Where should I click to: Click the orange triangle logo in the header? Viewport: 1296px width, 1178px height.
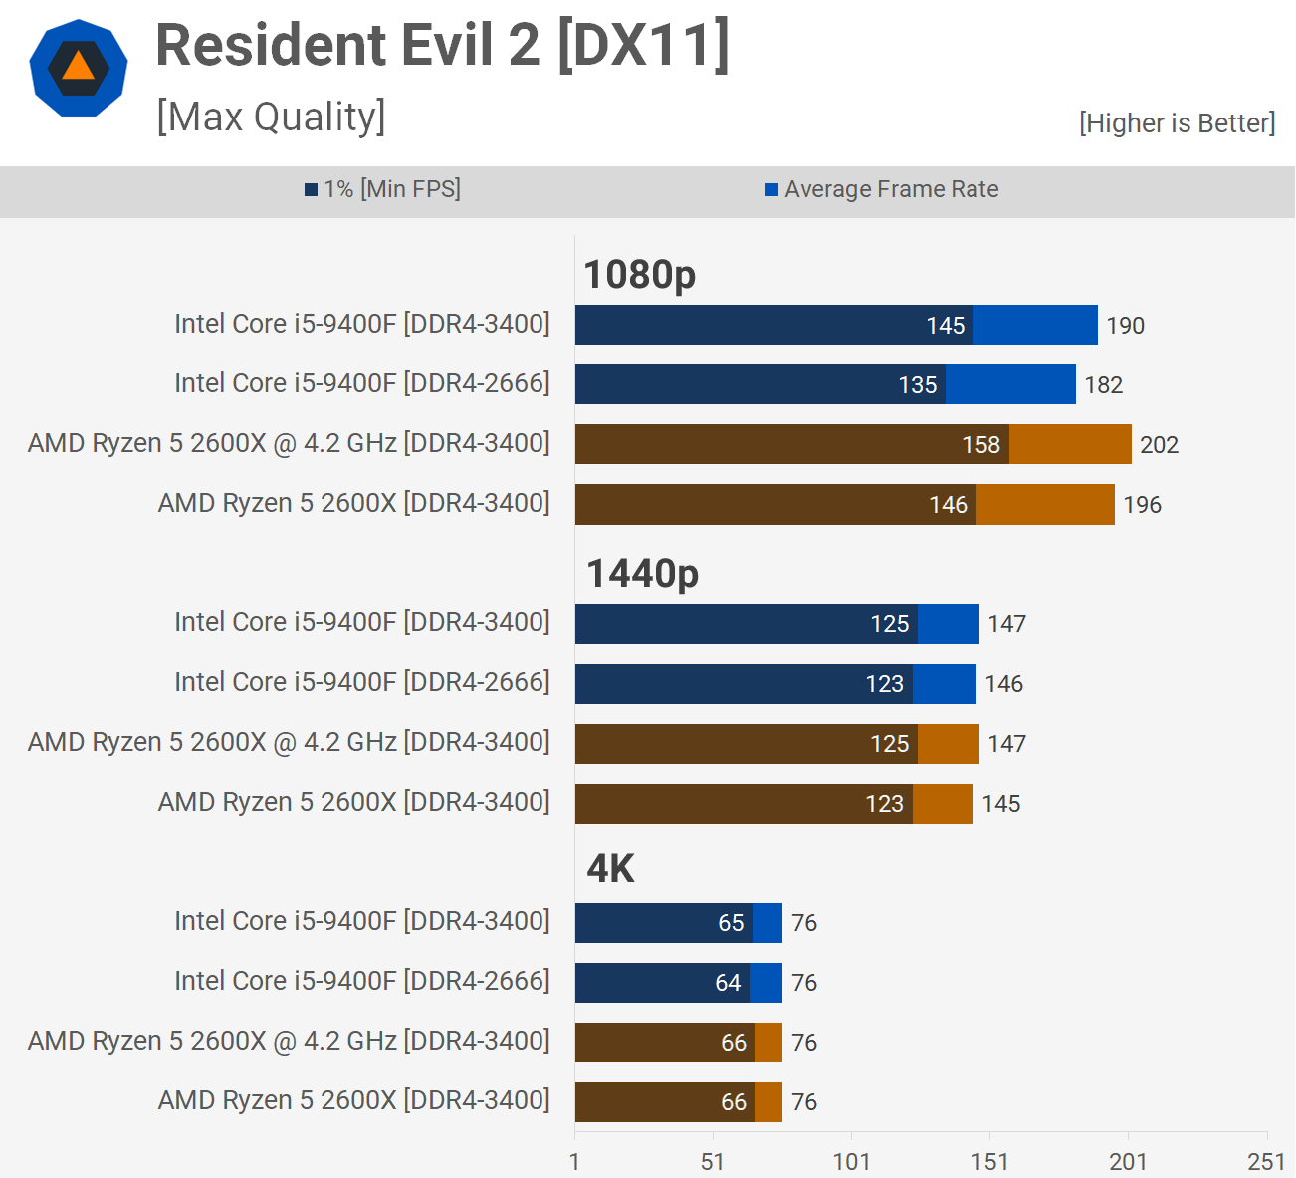[78, 66]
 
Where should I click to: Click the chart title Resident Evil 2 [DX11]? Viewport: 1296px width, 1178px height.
[443, 46]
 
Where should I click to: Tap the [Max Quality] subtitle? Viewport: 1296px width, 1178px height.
[271, 118]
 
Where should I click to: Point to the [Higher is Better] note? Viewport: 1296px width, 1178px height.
[1177, 123]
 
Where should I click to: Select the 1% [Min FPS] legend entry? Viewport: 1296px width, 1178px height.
[383, 189]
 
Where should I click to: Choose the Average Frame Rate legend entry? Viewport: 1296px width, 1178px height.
[882, 189]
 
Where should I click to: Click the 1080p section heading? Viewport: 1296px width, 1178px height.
[639, 275]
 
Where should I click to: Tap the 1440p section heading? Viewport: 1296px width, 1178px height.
[642, 574]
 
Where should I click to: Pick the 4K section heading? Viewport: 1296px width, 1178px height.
[610, 869]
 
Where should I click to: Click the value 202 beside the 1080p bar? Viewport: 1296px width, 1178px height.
[1159, 445]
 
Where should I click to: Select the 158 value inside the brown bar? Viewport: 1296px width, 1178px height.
[980, 445]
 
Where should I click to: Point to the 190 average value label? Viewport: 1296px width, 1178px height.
[1125, 326]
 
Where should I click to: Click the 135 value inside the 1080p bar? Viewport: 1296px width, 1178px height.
[917, 385]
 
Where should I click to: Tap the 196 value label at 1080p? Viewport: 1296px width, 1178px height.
[1142, 505]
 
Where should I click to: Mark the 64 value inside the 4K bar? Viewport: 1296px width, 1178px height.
[728, 983]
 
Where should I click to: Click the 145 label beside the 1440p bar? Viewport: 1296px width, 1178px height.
[1000, 804]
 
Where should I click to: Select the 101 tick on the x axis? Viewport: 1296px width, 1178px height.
[851, 1161]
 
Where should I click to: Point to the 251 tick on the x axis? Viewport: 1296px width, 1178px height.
[1266, 1161]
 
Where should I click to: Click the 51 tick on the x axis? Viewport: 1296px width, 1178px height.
[713, 1161]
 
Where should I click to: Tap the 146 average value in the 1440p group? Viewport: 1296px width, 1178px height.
[1003, 684]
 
